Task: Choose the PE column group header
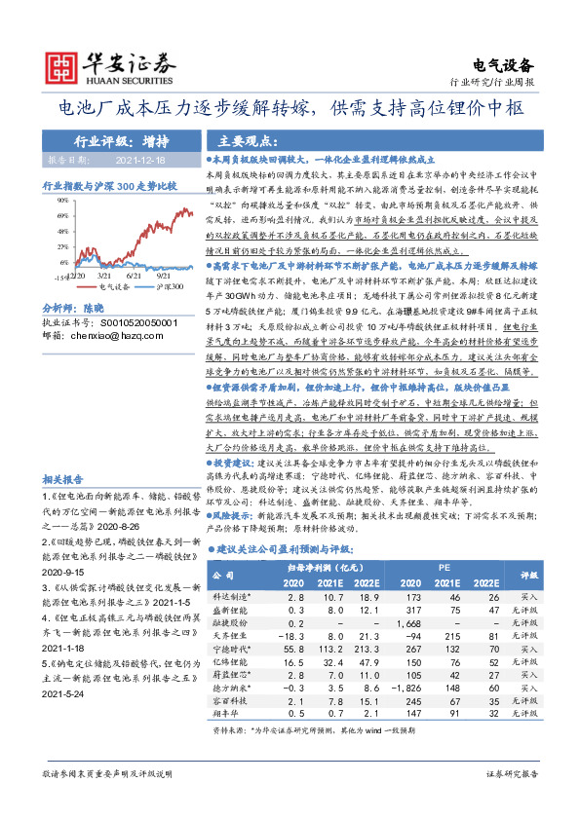pyautogui.click(x=444, y=564)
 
